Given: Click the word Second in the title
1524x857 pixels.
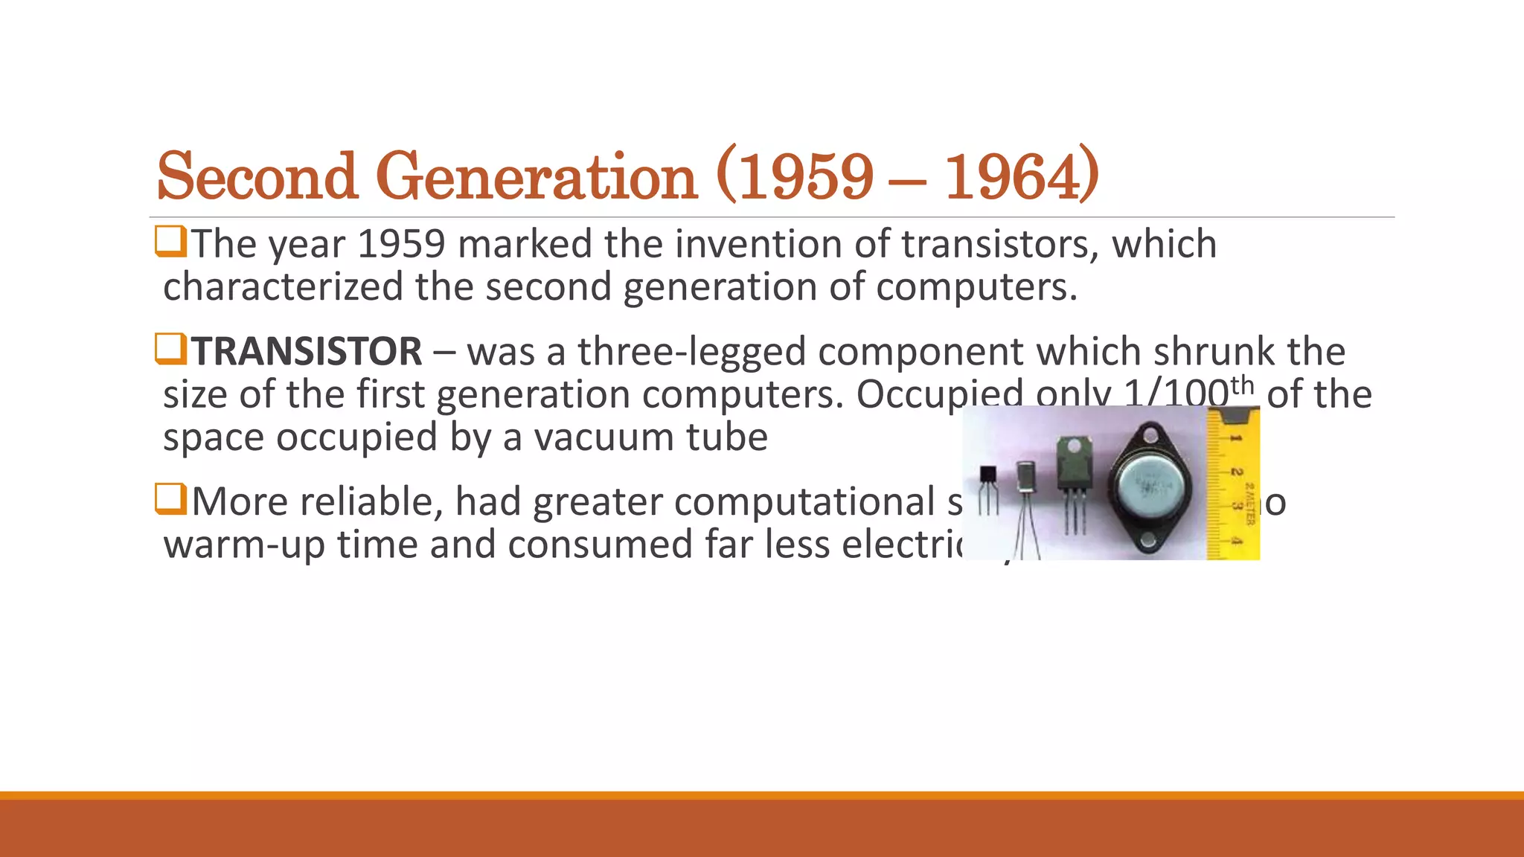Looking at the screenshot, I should [257, 177].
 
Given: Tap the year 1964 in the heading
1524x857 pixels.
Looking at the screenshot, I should [1021, 177].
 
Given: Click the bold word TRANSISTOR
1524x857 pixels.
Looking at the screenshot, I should [307, 351].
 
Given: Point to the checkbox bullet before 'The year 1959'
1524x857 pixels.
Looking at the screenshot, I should [170, 242].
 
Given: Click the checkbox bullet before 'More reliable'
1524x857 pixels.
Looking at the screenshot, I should [170, 499].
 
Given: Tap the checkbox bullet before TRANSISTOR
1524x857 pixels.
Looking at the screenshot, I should [170, 349].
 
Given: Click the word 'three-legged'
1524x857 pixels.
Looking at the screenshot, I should [692, 351].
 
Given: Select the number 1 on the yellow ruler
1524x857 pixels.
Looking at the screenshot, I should [1235, 438].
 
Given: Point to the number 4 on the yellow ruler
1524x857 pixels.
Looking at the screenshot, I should [1235, 541].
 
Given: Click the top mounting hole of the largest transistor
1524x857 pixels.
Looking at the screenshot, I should [1150, 432].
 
